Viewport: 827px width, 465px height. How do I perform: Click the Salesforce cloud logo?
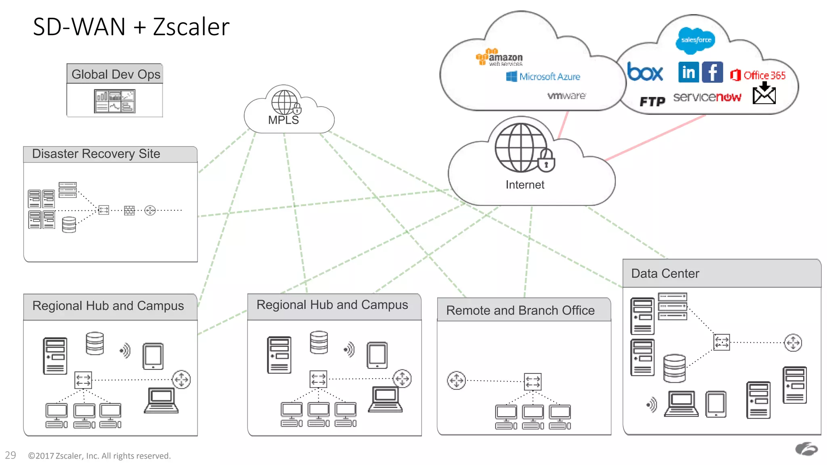tap(695, 40)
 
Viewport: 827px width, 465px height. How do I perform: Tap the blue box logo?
tap(645, 73)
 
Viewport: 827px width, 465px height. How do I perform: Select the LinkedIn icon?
tap(688, 72)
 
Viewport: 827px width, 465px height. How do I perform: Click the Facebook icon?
tap(712, 72)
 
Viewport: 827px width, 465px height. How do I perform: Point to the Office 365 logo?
tap(758, 75)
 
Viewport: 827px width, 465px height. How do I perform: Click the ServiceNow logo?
tap(707, 97)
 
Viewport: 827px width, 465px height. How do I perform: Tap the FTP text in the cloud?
tap(652, 101)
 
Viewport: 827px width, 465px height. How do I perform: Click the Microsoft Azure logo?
tap(543, 76)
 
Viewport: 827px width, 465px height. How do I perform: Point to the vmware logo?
tap(566, 96)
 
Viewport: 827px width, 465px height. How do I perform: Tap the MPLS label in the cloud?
tap(283, 120)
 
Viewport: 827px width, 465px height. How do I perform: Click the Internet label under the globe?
tap(525, 184)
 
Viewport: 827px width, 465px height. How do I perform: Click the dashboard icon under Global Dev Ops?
tap(115, 101)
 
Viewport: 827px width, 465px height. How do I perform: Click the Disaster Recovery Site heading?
tap(96, 154)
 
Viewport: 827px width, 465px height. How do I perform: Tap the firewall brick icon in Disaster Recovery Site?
tap(129, 210)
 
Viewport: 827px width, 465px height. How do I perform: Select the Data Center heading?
tap(665, 273)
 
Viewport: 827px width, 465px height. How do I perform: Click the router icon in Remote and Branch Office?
tap(456, 380)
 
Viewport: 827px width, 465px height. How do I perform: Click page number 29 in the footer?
tap(10, 455)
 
